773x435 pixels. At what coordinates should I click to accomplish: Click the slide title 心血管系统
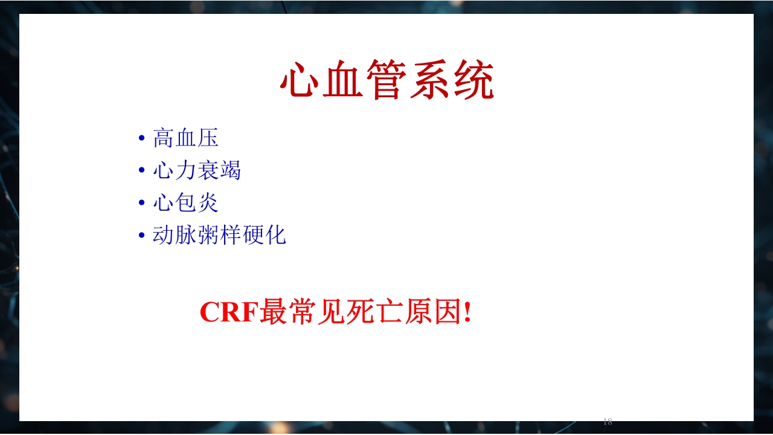(x=387, y=80)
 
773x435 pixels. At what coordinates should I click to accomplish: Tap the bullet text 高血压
(x=185, y=138)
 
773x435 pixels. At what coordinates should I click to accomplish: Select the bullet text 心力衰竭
(x=197, y=170)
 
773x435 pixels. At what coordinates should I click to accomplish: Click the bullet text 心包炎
(x=185, y=202)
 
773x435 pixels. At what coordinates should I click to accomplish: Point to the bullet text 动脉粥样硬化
(x=219, y=235)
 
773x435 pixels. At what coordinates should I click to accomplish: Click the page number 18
(x=608, y=422)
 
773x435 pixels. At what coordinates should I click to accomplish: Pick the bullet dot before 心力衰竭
(x=142, y=171)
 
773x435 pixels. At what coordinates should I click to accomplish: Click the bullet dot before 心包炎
(x=142, y=203)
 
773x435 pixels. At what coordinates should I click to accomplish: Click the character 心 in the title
(x=300, y=80)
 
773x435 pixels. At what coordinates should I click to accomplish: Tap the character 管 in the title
(x=386, y=80)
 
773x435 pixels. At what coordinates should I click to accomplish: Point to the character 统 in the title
(x=474, y=80)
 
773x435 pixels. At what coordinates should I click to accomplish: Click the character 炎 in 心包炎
(x=208, y=202)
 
